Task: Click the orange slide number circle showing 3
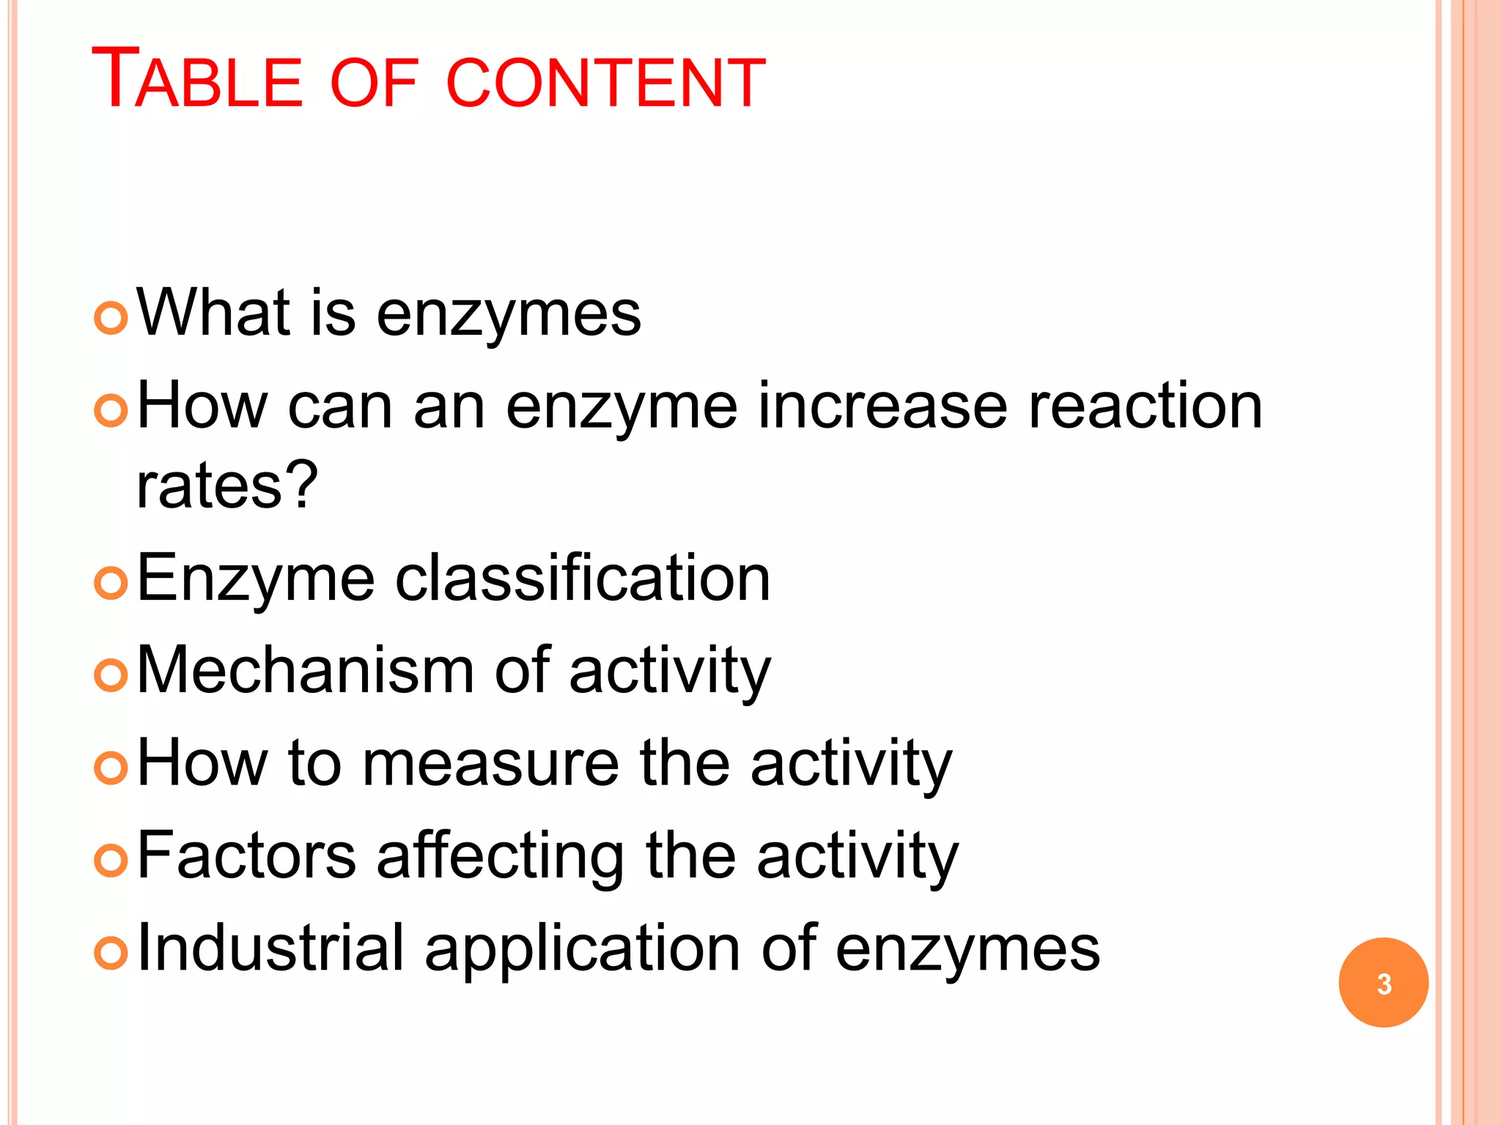point(1383,983)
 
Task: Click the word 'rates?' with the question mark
point(227,485)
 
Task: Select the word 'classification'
point(583,579)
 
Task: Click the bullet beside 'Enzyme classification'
point(111,583)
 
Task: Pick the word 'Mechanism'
point(306,670)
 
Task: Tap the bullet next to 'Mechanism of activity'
point(111,675)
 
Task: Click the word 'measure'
point(491,764)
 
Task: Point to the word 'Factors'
point(246,855)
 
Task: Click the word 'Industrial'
point(270,948)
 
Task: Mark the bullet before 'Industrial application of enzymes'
point(111,953)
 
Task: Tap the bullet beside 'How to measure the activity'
point(111,768)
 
